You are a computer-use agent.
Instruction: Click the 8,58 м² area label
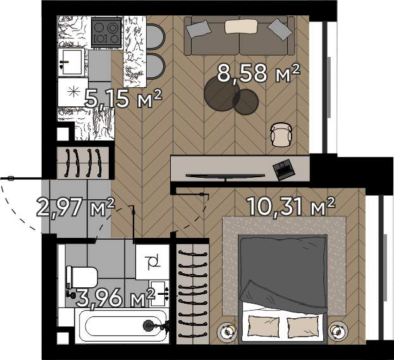[x=259, y=73]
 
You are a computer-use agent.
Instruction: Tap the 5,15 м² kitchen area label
[x=123, y=98]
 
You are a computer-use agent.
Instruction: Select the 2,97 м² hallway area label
[x=76, y=208]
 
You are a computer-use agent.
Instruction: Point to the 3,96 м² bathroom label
[x=115, y=298]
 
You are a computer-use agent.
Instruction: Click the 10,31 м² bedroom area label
[x=291, y=206]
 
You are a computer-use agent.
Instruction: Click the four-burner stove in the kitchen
[x=106, y=32]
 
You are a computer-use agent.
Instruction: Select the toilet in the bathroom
[x=82, y=278]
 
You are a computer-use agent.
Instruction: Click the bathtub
[x=122, y=326]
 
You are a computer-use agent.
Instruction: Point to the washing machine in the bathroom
[x=152, y=262]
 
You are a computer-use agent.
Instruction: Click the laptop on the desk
[x=283, y=169]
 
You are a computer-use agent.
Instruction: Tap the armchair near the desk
[x=281, y=134]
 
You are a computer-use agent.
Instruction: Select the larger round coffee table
[x=222, y=93]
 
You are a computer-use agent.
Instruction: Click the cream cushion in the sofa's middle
[x=241, y=27]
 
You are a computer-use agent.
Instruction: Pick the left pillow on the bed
[x=264, y=327]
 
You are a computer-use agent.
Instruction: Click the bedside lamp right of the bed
[x=338, y=330]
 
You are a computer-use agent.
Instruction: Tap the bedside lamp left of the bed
[x=227, y=332]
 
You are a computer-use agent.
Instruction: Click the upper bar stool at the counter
[x=155, y=37]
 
